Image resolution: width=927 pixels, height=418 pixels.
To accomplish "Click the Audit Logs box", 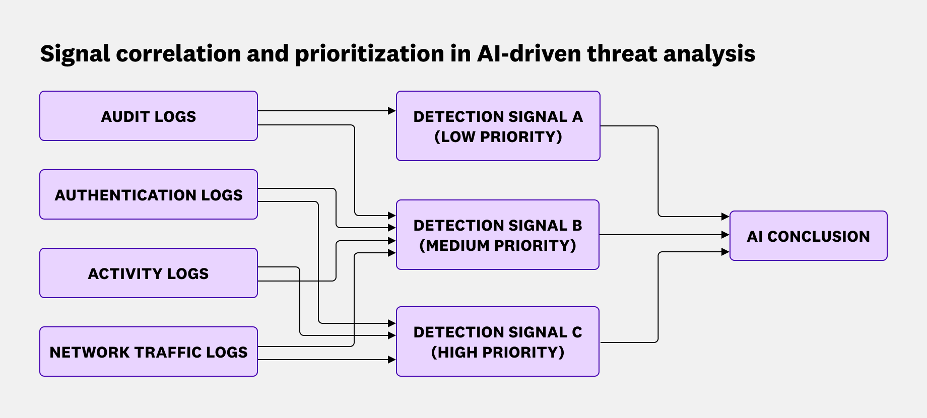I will pyautogui.click(x=149, y=116).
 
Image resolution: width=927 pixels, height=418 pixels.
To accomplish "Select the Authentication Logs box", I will pyautogui.click(x=149, y=194).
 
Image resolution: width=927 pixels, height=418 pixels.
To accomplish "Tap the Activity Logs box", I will pyautogui.click(x=149, y=273).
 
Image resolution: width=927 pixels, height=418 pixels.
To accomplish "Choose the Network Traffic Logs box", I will pyautogui.click(x=149, y=352).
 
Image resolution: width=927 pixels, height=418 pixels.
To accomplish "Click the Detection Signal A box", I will pyautogui.click(x=498, y=126).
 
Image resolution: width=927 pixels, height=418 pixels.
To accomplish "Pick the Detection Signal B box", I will pyautogui.click(x=498, y=235).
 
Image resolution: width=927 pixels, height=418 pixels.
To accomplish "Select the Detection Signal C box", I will pyautogui.click(x=498, y=341).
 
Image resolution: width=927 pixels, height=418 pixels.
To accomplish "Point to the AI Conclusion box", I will pyautogui.click(x=808, y=236).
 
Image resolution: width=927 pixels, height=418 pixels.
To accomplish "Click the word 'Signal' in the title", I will pyautogui.click(x=75, y=54).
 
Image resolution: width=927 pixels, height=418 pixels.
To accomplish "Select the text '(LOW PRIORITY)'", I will pyautogui.click(x=498, y=137).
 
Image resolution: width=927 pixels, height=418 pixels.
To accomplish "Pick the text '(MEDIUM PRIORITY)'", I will pyautogui.click(x=498, y=246).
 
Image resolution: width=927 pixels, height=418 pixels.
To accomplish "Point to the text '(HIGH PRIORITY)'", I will pyautogui.click(x=498, y=353).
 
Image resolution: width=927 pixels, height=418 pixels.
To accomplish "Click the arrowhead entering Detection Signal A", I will pyautogui.click(x=392, y=111).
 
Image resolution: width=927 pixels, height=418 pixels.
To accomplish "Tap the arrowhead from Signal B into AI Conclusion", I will pyautogui.click(x=725, y=235).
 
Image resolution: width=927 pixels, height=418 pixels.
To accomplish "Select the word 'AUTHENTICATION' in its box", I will pyautogui.click(x=126, y=195).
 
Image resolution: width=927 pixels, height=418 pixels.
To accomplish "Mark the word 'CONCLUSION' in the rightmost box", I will pyautogui.click(x=818, y=236).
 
